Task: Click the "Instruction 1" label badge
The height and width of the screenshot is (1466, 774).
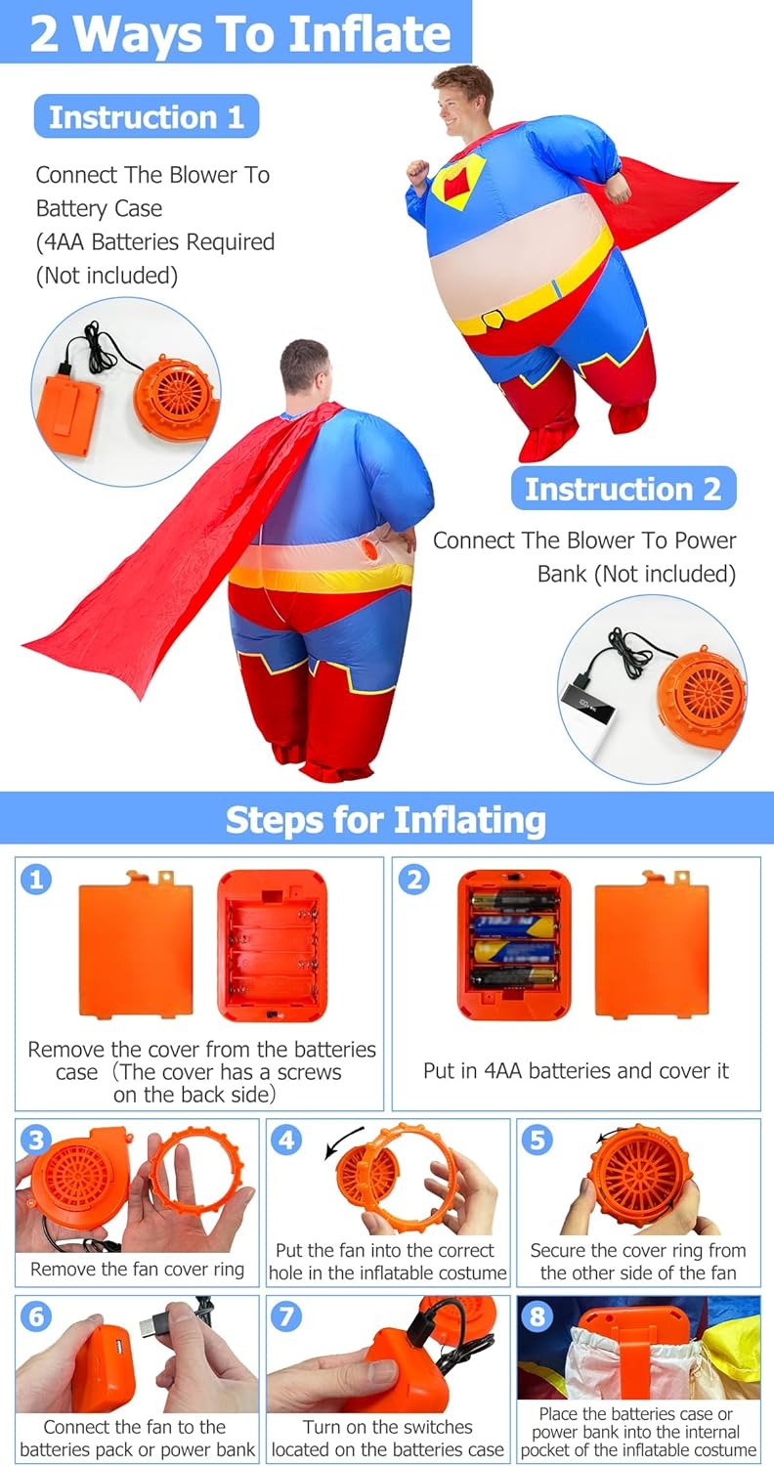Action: tap(147, 116)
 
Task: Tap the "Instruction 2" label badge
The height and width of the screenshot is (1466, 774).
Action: tap(623, 489)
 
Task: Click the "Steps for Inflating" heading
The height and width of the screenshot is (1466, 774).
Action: tap(386, 819)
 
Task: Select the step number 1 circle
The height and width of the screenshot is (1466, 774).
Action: tap(36, 879)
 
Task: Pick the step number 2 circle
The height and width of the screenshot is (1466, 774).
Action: tap(414, 879)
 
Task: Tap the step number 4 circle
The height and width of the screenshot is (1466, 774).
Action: tap(286, 1141)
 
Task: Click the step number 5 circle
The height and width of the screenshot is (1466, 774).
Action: tap(537, 1141)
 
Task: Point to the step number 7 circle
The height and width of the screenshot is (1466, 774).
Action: tap(286, 1315)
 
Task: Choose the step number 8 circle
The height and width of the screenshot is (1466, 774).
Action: tap(537, 1315)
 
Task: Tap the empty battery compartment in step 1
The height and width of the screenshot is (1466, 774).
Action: tap(273, 944)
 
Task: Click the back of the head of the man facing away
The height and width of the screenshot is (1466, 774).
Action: tap(304, 367)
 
